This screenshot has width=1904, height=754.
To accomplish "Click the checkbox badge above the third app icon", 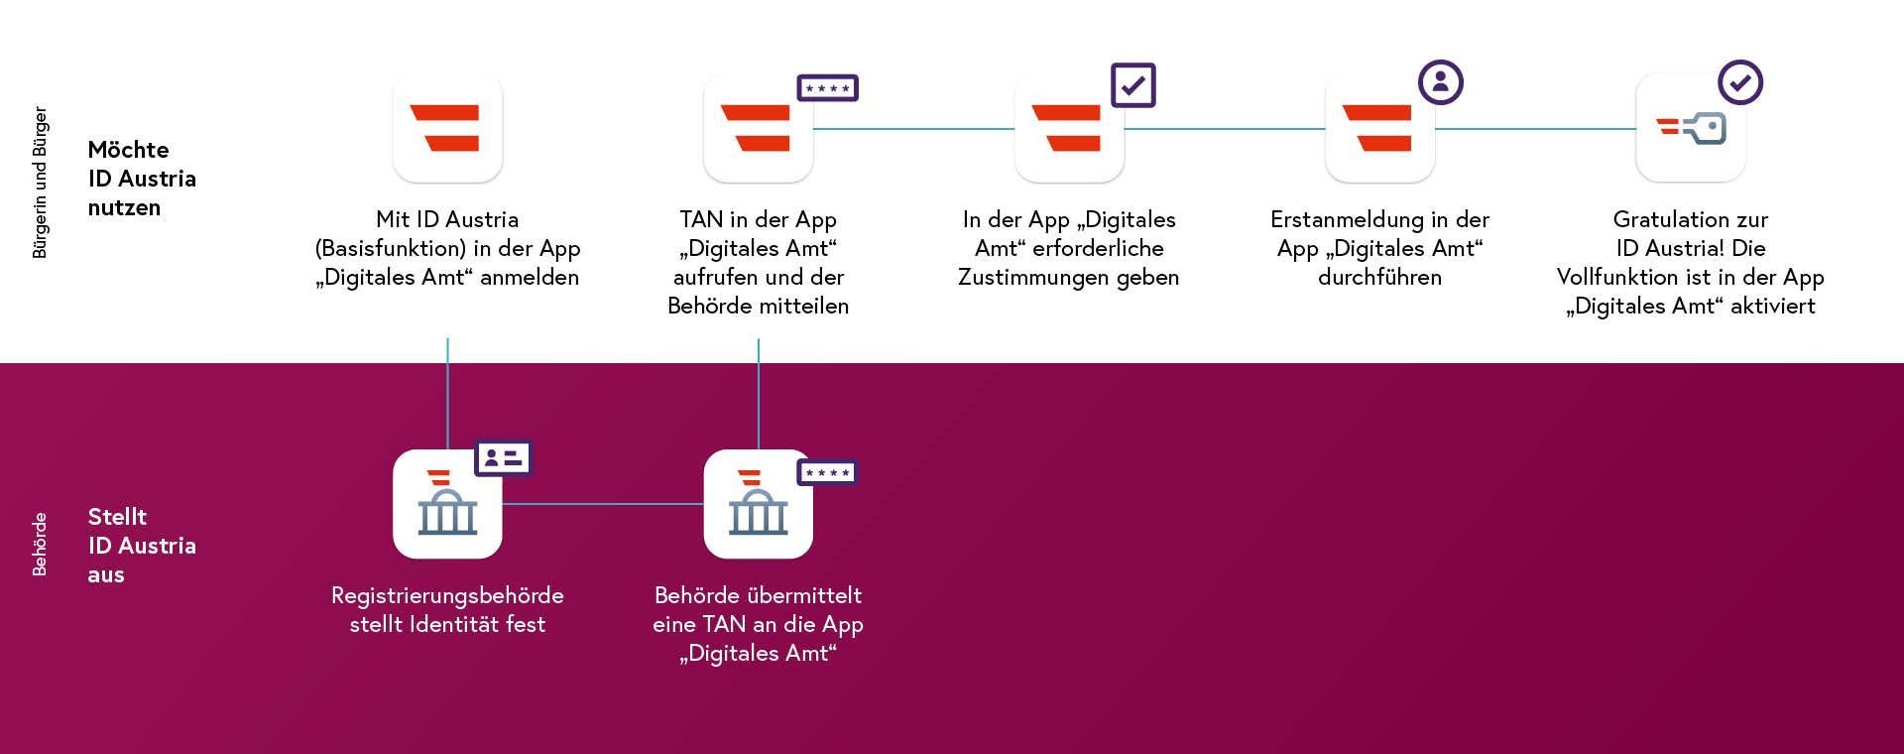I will click(1133, 85).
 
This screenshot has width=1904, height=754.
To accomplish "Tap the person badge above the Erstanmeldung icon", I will click(1441, 82).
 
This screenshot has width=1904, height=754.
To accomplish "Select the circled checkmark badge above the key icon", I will click(1740, 82).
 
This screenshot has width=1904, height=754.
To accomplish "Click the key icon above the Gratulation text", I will click(1691, 128).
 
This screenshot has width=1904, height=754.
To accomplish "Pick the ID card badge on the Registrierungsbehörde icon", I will click(504, 457).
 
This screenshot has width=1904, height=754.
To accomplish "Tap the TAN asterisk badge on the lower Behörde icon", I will click(827, 472).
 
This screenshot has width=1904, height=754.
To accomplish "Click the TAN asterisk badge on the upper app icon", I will click(828, 88).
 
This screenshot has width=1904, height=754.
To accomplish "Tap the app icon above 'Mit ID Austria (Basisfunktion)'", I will click(447, 128).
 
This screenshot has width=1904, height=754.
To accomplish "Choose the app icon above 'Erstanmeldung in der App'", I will click(1379, 128).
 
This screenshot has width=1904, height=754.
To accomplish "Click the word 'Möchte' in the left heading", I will click(128, 150).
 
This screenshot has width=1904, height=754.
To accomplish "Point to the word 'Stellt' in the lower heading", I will click(117, 517).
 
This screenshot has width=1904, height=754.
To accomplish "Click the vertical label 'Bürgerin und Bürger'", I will click(40, 183).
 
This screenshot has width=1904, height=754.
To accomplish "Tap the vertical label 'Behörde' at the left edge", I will click(40, 544).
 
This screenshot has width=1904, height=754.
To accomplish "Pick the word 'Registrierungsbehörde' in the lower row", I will click(447, 595).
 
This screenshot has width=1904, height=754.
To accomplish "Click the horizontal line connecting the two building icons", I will click(603, 504).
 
